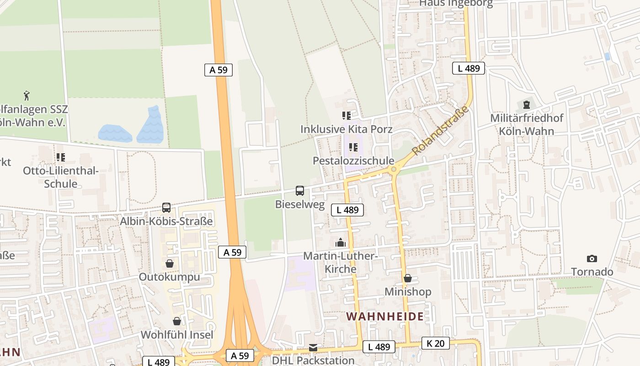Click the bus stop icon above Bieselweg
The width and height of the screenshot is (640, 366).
tap(300, 190)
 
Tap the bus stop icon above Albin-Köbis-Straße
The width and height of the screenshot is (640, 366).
tap(166, 208)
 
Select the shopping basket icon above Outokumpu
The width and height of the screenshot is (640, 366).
tap(170, 264)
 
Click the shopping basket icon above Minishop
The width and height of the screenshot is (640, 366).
tap(408, 278)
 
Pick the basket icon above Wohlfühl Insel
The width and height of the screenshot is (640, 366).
tap(177, 321)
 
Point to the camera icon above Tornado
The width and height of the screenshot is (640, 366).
tap(592, 258)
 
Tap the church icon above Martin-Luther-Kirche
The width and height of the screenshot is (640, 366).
tap(341, 242)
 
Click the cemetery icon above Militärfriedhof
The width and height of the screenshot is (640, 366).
tap(527, 105)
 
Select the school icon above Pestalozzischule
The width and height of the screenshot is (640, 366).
tap(353, 147)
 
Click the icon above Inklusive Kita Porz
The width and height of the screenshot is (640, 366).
tap(346, 116)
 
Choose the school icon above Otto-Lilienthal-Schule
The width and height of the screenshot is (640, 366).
tap(61, 157)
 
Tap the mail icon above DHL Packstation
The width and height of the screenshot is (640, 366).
tap(313, 348)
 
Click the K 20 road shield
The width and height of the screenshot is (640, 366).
tap(435, 343)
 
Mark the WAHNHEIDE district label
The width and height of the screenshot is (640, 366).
tap(384, 317)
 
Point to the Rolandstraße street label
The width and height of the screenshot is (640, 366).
tap(440, 130)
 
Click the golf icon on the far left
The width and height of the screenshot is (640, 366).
tap(27, 96)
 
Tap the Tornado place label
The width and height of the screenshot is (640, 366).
tap(592, 272)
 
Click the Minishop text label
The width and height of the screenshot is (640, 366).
tap(408, 292)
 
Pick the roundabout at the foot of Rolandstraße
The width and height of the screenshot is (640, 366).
tap(394, 170)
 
